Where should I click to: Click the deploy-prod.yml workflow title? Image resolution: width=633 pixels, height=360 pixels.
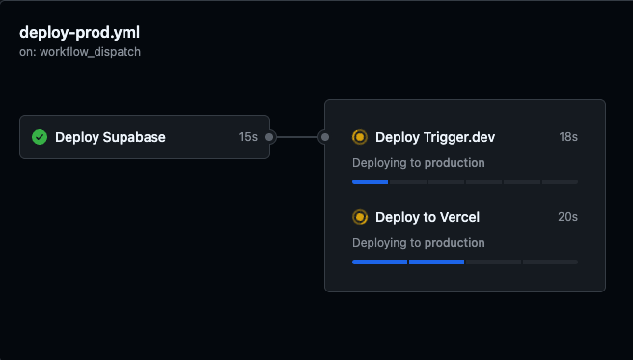[79, 33]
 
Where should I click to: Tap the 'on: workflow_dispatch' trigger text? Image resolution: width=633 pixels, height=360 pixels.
[80, 52]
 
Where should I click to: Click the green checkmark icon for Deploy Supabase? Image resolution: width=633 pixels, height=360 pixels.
[40, 137]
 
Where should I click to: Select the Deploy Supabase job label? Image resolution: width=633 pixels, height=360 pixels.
[110, 137]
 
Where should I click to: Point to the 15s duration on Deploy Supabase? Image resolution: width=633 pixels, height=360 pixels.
[248, 137]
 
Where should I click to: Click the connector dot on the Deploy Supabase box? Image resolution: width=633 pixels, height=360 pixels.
[270, 137]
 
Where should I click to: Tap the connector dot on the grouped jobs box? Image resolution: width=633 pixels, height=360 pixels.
[325, 137]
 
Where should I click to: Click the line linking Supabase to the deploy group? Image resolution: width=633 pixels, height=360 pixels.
[297, 137]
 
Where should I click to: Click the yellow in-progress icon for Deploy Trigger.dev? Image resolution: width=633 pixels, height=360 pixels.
[360, 137]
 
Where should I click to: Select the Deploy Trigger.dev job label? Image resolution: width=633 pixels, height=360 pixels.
[435, 137]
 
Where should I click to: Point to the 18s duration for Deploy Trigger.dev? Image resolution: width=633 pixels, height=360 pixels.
[567, 137]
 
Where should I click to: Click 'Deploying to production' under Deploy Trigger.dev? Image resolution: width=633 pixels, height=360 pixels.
[418, 163]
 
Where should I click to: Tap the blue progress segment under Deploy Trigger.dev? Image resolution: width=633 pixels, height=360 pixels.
[370, 181]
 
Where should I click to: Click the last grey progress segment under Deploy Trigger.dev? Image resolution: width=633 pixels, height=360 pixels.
[560, 181]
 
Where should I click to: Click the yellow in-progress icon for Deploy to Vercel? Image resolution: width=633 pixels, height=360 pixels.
[360, 217]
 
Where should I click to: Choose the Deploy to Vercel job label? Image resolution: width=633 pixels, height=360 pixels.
[427, 217]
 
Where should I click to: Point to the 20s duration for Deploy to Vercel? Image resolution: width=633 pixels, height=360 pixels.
[567, 217]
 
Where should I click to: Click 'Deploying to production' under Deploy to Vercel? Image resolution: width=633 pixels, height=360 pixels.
[418, 243]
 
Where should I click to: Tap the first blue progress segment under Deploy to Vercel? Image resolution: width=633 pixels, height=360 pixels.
[379, 262]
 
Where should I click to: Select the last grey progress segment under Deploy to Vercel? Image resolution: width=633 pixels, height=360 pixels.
[550, 262]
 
